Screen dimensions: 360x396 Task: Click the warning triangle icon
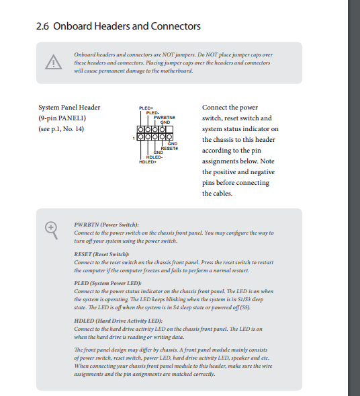pyautogui.click(x=54, y=62)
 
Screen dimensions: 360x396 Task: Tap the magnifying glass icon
pyautogui.click(x=51, y=231)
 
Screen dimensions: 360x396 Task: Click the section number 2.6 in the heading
pyautogui.click(x=42, y=26)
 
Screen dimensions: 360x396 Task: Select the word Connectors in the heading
pyautogui.click(x=175, y=26)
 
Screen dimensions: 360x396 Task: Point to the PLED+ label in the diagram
pyautogui.click(x=146, y=108)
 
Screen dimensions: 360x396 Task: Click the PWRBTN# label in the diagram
pyautogui.click(x=165, y=118)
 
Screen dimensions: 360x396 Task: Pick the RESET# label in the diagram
pyautogui.click(x=169, y=148)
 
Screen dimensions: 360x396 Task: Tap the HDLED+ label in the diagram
pyautogui.click(x=148, y=161)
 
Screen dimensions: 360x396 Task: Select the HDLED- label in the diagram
pyautogui.click(x=154, y=157)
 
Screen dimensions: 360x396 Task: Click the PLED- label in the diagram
pyautogui.click(x=153, y=113)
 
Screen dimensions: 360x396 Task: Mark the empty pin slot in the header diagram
pyautogui.click(x=169, y=130)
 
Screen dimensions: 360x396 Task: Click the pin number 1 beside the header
pyautogui.click(x=134, y=138)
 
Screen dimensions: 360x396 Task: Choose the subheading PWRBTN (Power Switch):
pyautogui.click(x=107, y=225)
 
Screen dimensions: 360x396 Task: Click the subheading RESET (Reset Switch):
pyautogui.click(x=101, y=254)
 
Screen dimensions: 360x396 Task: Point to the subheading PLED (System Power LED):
pyautogui.click(x=107, y=283)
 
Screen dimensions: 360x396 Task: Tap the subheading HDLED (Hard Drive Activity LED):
pyautogui.click(x=118, y=321)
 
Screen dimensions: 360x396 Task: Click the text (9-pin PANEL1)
pyautogui.click(x=62, y=118)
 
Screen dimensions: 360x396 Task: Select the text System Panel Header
pyautogui.click(x=69, y=108)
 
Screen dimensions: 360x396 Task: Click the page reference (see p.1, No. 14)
pyautogui.click(x=61, y=129)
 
